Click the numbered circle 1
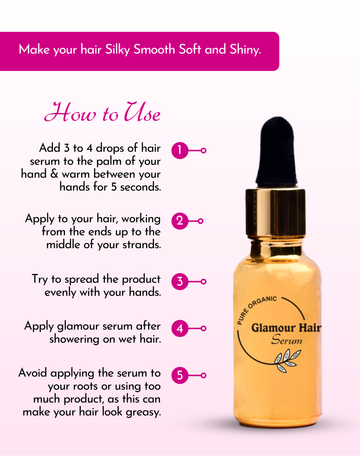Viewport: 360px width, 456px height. point(180,150)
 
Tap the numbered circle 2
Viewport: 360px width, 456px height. point(180,221)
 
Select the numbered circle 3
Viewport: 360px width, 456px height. point(180,281)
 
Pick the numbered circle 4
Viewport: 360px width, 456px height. point(180,328)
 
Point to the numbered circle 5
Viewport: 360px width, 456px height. point(180,375)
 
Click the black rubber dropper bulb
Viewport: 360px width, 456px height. point(276,152)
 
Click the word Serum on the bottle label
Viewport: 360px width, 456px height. point(287,340)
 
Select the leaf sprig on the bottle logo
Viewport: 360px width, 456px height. point(287,361)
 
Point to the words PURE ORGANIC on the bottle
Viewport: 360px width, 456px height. point(256,309)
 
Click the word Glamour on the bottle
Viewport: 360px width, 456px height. point(273,328)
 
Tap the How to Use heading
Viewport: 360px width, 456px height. point(102,112)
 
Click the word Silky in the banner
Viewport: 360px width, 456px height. point(117,50)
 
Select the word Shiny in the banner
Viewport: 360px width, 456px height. point(245,50)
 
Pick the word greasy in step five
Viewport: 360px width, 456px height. point(143,412)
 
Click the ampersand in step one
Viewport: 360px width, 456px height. point(54,174)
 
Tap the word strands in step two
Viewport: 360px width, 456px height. point(142,245)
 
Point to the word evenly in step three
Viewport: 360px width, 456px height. point(60,293)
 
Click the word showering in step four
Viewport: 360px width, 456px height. point(74,340)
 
